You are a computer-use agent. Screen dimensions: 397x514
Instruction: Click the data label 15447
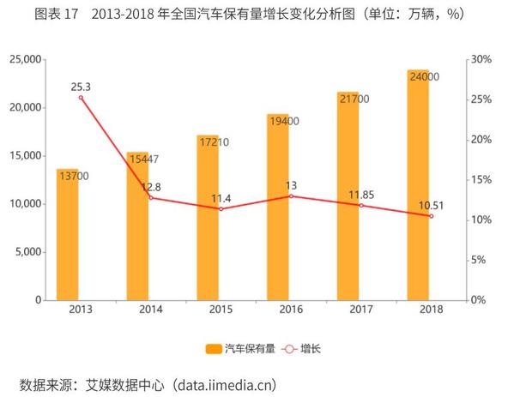point(142,159)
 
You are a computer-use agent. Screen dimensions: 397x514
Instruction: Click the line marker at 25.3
point(81,98)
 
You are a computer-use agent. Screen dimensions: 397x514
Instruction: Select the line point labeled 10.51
point(431,216)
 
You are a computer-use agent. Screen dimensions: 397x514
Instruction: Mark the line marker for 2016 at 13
point(291,196)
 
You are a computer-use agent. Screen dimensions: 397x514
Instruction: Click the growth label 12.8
point(150,186)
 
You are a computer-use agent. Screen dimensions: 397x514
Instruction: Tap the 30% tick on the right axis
point(482,59)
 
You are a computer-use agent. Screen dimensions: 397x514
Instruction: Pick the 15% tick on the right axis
point(482,180)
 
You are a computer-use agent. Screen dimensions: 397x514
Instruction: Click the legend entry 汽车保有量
point(241,348)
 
